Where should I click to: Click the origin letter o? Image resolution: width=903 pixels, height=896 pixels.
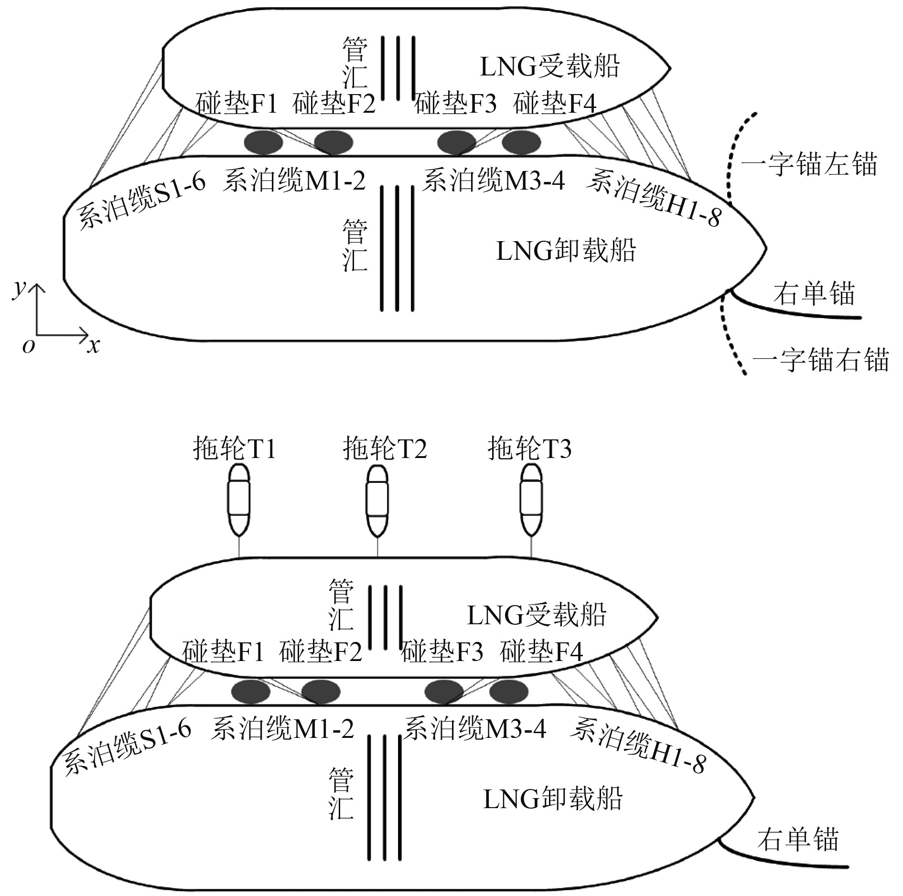point(29,346)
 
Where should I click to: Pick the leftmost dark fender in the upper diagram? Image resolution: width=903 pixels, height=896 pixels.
point(263,142)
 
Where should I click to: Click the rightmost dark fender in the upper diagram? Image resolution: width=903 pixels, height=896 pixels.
point(521,142)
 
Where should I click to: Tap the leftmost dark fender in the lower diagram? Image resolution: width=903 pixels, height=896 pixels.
point(250,691)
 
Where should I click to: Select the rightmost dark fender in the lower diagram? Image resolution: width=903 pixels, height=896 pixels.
point(509,691)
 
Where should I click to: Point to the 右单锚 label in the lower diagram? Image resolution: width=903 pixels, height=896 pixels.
point(798,839)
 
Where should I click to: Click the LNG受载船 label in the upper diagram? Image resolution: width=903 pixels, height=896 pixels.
point(549,66)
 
